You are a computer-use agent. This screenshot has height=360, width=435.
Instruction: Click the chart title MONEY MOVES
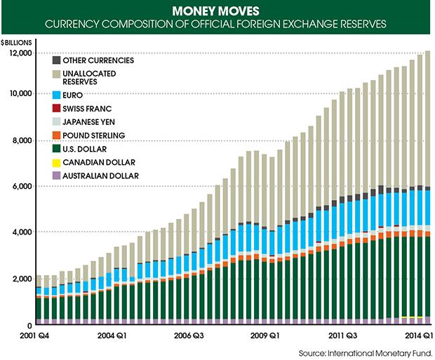point(217,11)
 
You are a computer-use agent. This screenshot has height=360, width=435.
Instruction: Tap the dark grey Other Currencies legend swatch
point(58,60)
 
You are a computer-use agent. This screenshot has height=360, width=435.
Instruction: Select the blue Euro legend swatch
point(58,94)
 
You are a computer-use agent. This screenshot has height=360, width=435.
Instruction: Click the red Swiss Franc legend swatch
point(58,108)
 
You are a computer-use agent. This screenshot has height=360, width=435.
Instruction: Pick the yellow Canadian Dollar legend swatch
point(58,162)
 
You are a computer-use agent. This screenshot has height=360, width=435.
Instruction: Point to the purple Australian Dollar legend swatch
point(58,175)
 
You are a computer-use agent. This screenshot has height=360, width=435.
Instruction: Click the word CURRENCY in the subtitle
point(71,26)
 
